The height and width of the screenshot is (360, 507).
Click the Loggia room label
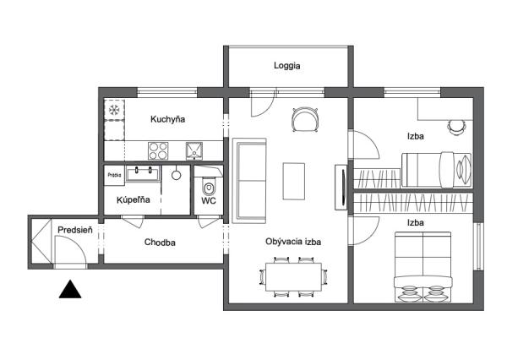tap(286, 66)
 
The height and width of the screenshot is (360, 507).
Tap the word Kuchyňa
tap(168, 119)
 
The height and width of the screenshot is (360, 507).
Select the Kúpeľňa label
tap(134, 200)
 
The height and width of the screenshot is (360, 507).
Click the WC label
tap(209, 201)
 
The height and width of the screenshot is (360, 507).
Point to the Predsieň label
tap(75, 230)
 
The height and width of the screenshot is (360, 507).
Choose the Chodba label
tap(160, 243)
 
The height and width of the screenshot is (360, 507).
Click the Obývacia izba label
tap(293, 242)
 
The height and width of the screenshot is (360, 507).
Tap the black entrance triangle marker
tap(70, 289)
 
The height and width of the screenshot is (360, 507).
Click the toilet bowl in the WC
tap(209, 188)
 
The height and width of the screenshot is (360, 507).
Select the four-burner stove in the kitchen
tap(158, 151)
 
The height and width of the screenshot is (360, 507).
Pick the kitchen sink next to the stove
tap(194, 151)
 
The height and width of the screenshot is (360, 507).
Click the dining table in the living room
tap(293, 277)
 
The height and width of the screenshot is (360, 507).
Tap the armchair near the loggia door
tap(305, 120)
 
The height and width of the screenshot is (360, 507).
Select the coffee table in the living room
tap(294, 182)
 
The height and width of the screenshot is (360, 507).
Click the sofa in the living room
tap(249, 181)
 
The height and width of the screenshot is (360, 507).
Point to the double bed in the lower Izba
tap(423, 267)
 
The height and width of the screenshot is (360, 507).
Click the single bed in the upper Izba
tap(437, 170)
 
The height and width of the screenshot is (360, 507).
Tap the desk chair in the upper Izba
tap(456, 128)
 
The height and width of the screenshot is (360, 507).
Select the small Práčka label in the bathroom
tap(114, 175)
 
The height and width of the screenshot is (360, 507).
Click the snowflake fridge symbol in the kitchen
tap(114, 110)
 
